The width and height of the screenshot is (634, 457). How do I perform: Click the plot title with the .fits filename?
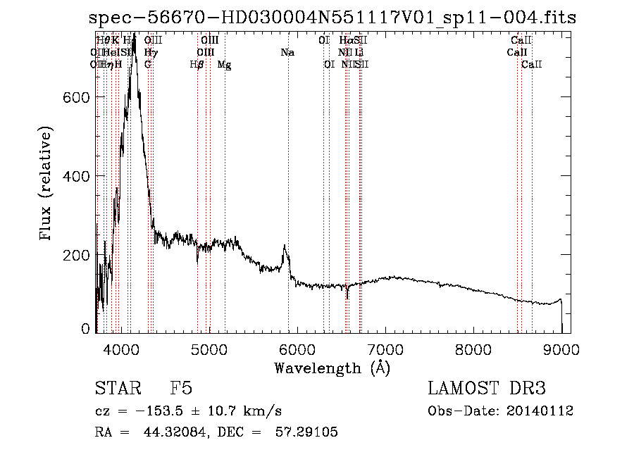[332, 18]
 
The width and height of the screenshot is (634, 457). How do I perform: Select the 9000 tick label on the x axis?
[561, 349]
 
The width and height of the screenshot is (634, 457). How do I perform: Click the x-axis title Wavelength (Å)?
[332, 368]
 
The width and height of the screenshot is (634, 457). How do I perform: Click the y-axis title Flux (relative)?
[47, 184]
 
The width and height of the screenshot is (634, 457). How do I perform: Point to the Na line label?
[287, 53]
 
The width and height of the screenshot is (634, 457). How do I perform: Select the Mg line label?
[224, 65]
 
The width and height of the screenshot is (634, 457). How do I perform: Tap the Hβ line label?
[197, 65]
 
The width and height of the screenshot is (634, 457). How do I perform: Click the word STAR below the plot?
[116, 389]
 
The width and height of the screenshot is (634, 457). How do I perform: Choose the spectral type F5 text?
[181, 389]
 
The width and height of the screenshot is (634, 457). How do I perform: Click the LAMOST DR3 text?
[487, 389]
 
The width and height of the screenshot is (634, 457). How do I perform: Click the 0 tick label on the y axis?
[86, 329]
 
